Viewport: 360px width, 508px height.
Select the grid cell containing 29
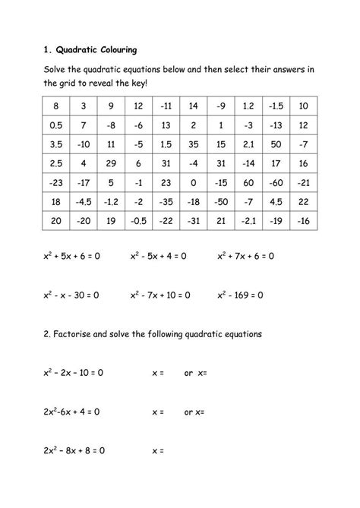(x=111, y=163)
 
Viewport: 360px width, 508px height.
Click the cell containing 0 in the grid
(x=193, y=183)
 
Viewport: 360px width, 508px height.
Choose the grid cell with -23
(x=56, y=183)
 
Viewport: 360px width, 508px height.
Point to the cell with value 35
(x=193, y=144)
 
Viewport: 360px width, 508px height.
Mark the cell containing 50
(x=275, y=144)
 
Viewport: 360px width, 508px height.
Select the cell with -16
(x=303, y=222)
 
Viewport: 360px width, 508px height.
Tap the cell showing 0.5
(x=56, y=125)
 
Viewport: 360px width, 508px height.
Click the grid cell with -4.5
(x=84, y=202)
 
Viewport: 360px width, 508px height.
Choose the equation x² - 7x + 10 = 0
(x=160, y=294)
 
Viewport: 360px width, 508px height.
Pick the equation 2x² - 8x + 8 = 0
(x=74, y=450)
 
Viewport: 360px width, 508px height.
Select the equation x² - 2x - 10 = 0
(x=73, y=374)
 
